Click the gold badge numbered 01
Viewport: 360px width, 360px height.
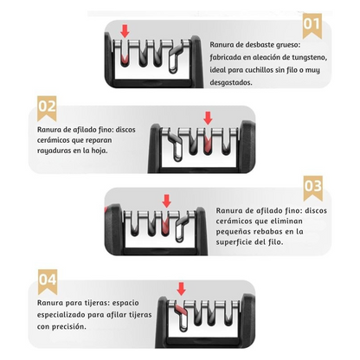pyautogui.click(x=312, y=26)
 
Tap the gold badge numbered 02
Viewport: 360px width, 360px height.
pyautogui.click(x=47, y=108)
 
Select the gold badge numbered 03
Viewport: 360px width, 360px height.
pyautogui.click(x=313, y=188)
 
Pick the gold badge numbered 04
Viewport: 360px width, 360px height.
pyautogui.click(x=48, y=282)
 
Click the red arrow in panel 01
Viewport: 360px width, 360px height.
pyautogui.click(x=125, y=31)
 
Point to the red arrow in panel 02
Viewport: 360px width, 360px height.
pyautogui.click(x=208, y=119)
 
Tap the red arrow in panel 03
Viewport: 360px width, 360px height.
pyautogui.click(x=166, y=201)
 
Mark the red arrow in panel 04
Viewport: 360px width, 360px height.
pyautogui.click(x=181, y=289)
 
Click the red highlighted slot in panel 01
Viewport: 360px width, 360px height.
pyautogui.click(x=125, y=57)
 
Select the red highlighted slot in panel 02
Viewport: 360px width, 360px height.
pyautogui.click(x=208, y=144)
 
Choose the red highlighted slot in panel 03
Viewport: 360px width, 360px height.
pyautogui.click(x=164, y=226)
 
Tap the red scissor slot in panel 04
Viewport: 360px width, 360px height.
pyautogui.click(x=181, y=310)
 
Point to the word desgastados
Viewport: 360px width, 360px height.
pyautogui.click(x=231, y=82)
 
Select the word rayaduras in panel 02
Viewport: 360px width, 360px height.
pyautogui.click(x=55, y=151)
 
